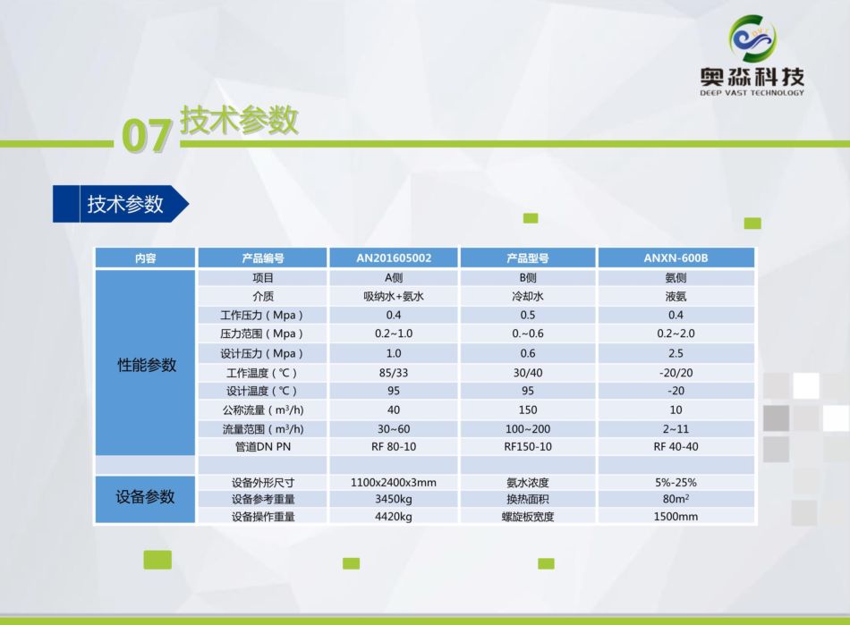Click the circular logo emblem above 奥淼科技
[x=752, y=38]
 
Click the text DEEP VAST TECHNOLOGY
[x=752, y=93]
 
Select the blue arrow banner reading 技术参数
[x=121, y=204]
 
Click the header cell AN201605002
[x=394, y=258]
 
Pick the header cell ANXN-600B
[x=676, y=258]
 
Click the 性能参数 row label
[x=147, y=365]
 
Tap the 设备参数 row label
[x=145, y=496]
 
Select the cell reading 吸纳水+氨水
[x=394, y=296]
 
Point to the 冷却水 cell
[x=528, y=296]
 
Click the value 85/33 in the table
[x=394, y=373]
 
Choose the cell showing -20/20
[x=676, y=373]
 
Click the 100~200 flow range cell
[x=528, y=429]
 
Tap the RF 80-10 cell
[x=394, y=447]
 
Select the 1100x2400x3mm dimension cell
[x=394, y=482]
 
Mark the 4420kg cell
[x=394, y=516]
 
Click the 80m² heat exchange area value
[x=676, y=498]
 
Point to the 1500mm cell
[x=676, y=516]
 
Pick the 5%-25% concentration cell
[x=676, y=482]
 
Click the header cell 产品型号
[x=528, y=258]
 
